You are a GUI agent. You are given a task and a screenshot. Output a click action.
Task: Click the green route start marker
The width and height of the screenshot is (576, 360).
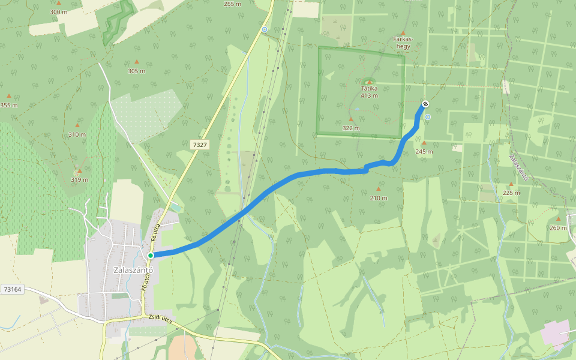tap(151, 255)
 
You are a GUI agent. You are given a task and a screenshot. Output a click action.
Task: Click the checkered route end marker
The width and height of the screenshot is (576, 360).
tap(425, 104)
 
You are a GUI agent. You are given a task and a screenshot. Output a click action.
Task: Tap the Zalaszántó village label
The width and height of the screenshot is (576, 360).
tap(134, 270)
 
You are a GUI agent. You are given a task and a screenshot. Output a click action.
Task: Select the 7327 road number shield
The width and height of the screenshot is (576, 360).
tap(199, 145)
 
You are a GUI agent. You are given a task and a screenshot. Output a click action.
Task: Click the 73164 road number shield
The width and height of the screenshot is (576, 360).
tap(12, 289)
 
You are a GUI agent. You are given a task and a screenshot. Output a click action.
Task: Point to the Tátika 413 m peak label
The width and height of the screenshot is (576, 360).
tap(369, 91)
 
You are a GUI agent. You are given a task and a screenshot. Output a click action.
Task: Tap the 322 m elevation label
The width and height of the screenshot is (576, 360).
tap(351, 128)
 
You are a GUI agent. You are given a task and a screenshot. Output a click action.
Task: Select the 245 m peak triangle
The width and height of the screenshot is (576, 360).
tap(424, 143)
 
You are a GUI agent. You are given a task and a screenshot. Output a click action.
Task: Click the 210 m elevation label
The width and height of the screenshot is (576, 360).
tap(379, 198)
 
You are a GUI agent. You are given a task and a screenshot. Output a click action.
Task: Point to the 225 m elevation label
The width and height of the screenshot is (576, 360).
tap(511, 193)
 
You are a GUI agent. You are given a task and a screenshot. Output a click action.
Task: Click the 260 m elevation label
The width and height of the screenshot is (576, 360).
tap(558, 227)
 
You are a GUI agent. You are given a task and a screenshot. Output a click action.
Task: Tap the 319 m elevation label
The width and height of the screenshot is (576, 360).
tap(79, 179)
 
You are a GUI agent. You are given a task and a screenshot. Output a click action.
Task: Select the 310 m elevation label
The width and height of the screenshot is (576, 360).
tap(77, 134)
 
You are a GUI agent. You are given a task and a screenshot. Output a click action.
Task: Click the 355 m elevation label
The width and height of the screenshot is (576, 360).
tap(9, 105)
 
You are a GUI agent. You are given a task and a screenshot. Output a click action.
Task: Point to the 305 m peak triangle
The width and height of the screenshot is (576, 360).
tap(136, 62)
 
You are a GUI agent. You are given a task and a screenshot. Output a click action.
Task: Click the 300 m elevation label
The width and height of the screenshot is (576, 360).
tap(58, 12)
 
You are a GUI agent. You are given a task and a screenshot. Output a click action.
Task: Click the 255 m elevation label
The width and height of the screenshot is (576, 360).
tap(232, 4)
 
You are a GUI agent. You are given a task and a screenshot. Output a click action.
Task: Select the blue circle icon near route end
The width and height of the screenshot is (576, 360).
tap(428, 117)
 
